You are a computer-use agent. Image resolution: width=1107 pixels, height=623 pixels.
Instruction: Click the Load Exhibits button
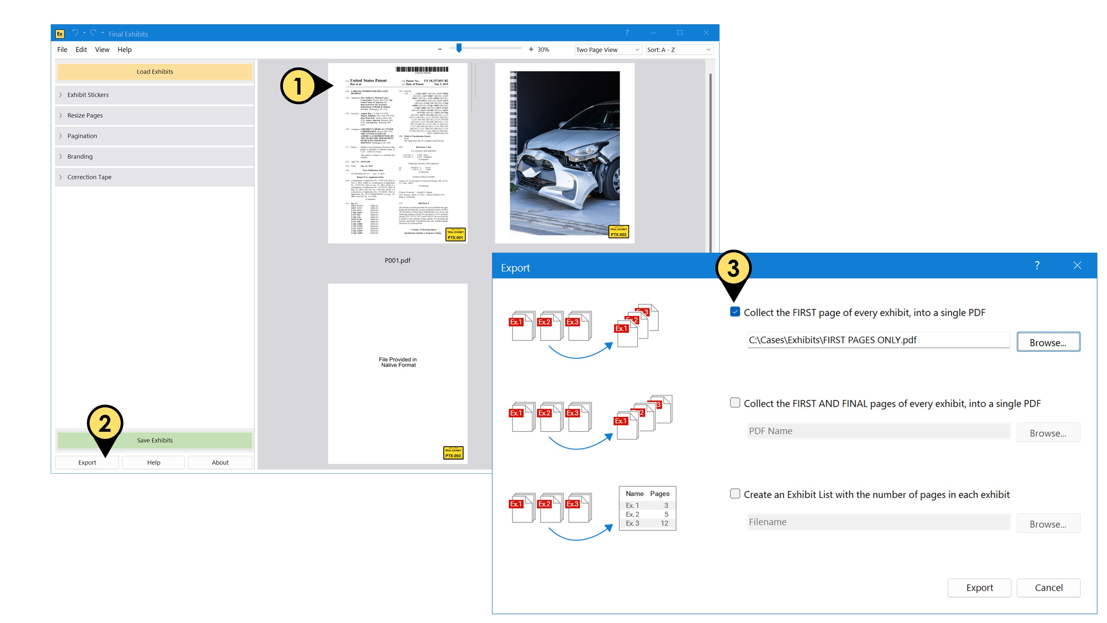pos(155,72)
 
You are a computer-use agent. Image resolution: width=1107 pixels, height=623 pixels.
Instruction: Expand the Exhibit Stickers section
pos(88,95)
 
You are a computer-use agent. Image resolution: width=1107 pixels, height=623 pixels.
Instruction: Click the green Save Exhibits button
pos(155,440)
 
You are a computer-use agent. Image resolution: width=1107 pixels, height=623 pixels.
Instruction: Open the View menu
pos(102,50)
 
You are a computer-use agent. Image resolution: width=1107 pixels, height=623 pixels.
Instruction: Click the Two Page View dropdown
pos(607,50)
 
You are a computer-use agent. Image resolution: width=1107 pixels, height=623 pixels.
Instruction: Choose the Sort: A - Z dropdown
pos(678,50)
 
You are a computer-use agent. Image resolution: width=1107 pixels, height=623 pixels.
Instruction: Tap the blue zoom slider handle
pos(459,48)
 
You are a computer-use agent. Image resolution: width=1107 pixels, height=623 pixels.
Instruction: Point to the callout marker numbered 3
pos(733,269)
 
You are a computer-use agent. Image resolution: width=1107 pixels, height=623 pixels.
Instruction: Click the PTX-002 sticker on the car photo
pos(618,232)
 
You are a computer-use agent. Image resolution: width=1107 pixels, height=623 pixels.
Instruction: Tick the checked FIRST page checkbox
pos(735,312)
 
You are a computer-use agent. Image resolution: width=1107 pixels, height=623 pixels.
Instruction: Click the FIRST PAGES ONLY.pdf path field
pos(878,340)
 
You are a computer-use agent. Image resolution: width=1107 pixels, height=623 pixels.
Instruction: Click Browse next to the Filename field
pos(1048,524)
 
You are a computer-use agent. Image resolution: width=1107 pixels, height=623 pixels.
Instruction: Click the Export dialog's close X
pos(1077,265)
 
